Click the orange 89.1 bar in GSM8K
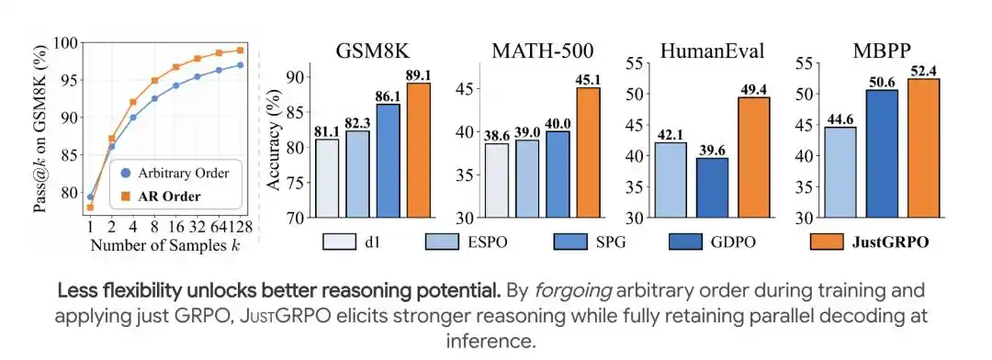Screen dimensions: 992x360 (419, 150)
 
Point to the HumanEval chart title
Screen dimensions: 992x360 (712, 51)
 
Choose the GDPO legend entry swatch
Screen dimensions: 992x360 (686, 242)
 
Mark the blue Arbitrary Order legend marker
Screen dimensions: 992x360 (125, 173)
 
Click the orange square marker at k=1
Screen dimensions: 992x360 (90, 207)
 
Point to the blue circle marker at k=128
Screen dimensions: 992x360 (241, 64)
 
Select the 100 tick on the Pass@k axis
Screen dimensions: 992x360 (68, 43)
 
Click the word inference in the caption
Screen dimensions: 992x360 (490, 341)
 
